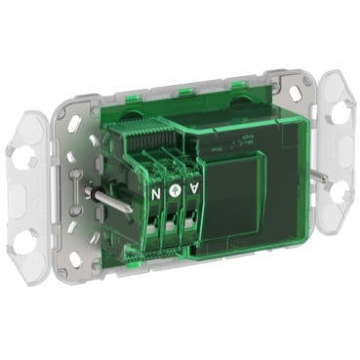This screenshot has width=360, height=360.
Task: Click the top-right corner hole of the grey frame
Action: pyautogui.click(x=290, y=95)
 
